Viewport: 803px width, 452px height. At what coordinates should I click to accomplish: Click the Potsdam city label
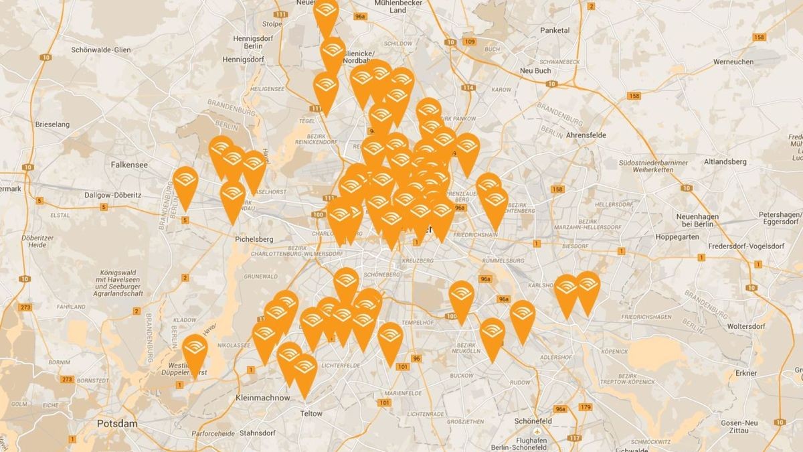tap(117, 424)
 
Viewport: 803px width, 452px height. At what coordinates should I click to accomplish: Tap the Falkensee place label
tap(130, 164)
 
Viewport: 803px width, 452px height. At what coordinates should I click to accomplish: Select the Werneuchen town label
tap(733, 62)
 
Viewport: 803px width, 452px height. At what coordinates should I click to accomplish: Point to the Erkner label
tap(745, 373)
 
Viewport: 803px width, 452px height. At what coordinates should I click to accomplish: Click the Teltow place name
tap(311, 413)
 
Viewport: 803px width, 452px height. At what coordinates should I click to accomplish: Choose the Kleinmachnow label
tap(263, 398)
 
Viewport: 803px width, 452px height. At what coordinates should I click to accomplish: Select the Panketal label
tap(555, 30)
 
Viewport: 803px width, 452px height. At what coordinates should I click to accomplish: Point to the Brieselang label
tap(53, 125)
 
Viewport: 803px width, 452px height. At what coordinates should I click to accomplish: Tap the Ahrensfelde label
tap(586, 135)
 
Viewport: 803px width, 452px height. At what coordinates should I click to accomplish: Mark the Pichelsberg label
tap(254, 239)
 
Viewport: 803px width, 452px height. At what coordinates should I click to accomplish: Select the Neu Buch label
tap(536, 71)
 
